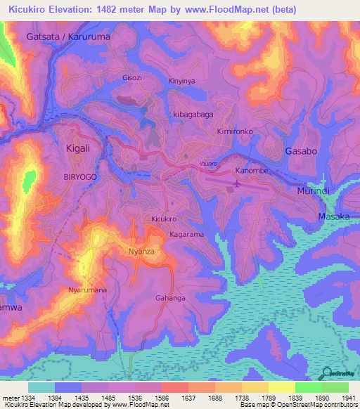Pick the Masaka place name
coord(333,216)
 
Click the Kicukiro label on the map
coord(164,219)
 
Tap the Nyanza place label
coord(141,251)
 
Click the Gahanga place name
coord(170,298)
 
